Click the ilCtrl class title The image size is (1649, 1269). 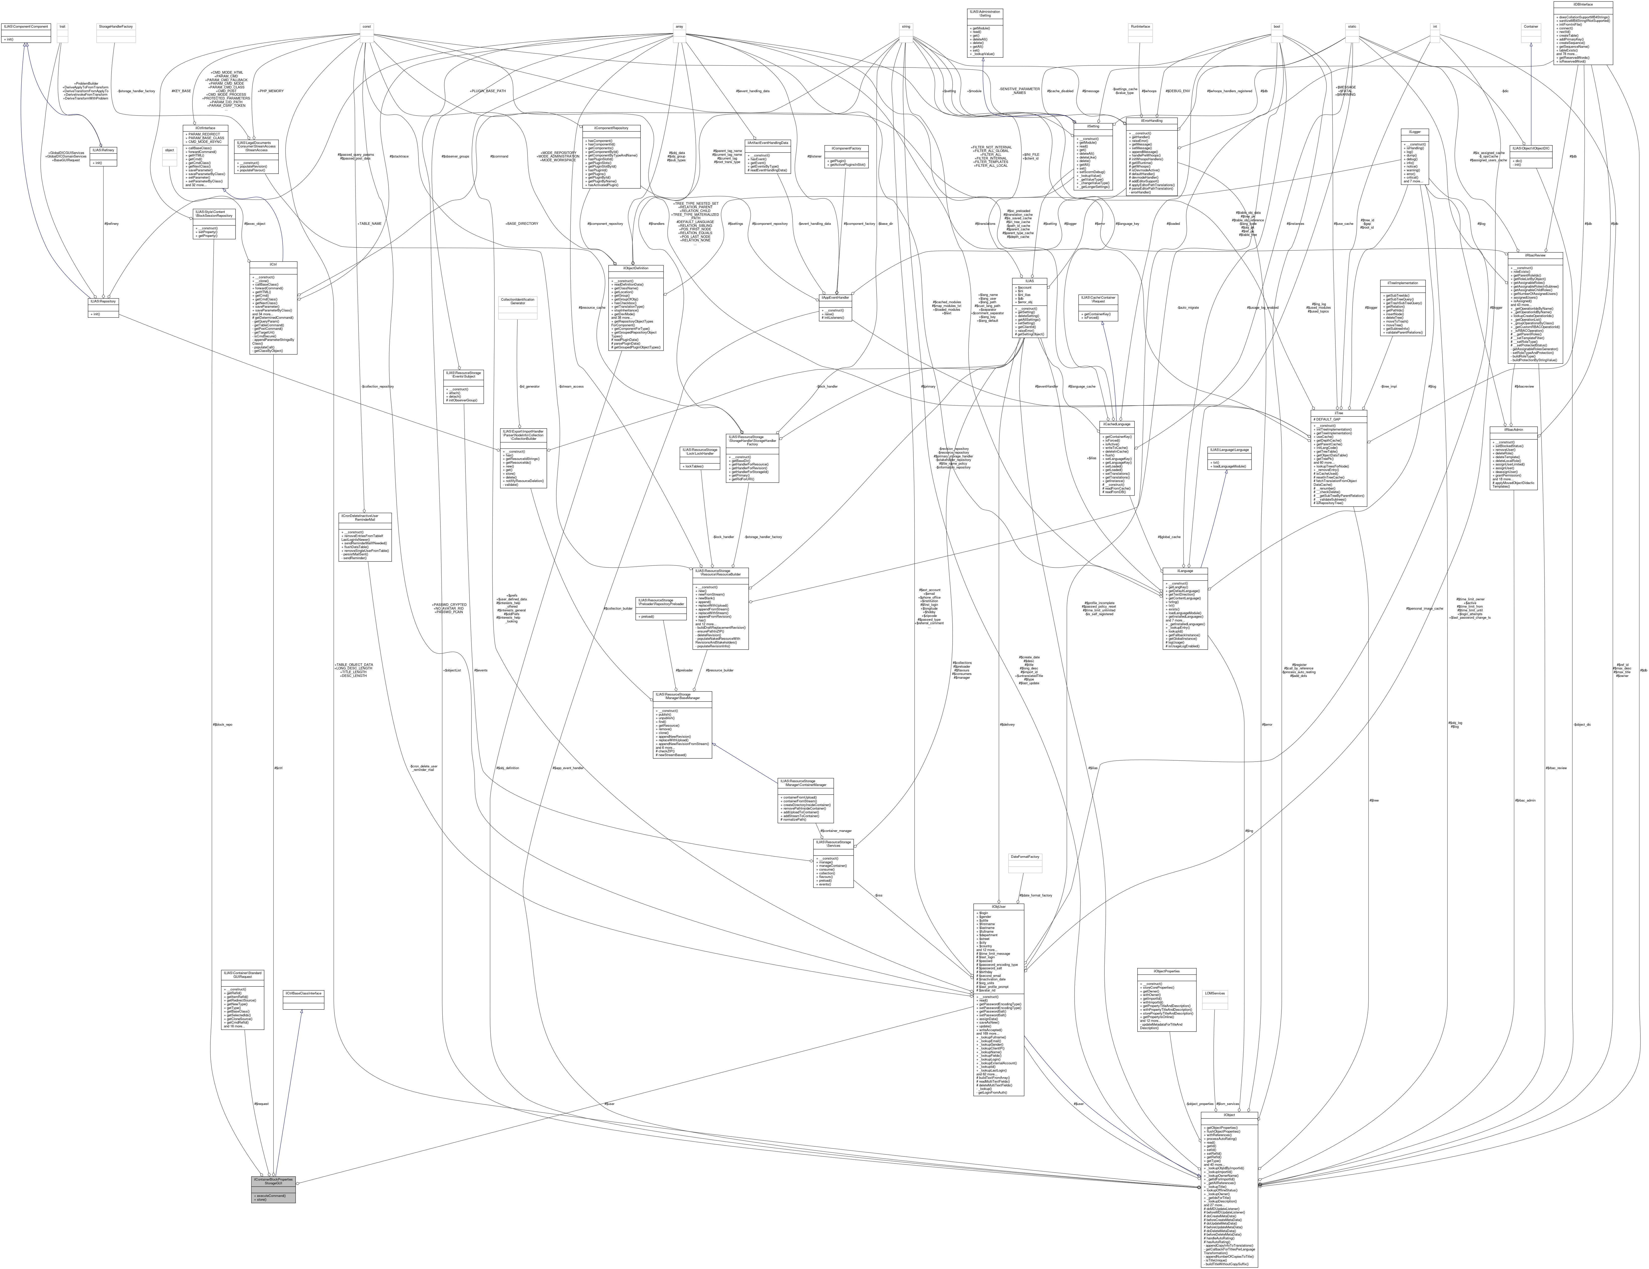point(273,264)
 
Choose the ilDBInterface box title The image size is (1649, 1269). point(1582,4)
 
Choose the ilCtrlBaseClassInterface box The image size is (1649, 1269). point(303,993)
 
